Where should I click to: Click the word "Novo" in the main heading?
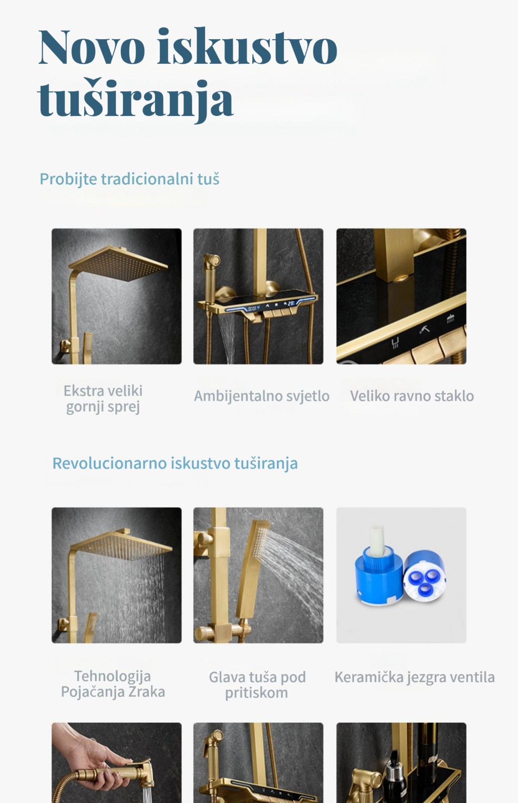coord(92,47)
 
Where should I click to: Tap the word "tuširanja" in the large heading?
coord(135,98)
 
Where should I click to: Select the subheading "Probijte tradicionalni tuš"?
coord(129,179)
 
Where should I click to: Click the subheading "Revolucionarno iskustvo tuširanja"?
coord(175,463)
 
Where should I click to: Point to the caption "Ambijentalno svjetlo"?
coord(262,396)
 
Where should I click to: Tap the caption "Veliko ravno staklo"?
coord(412,396)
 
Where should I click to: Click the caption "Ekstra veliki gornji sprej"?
coord(103,398)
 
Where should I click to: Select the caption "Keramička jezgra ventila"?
coord(415,677)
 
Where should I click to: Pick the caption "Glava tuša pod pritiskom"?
coord(257,685)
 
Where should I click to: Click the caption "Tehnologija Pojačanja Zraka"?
coord(113,684)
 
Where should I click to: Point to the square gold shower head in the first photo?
coord(118,264)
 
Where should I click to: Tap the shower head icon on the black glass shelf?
coord(450,318)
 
